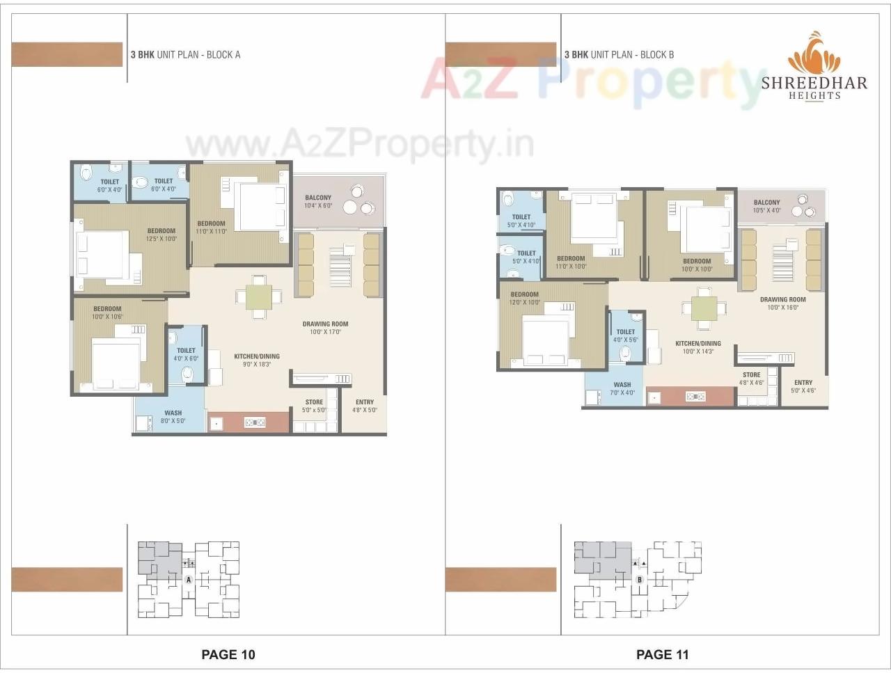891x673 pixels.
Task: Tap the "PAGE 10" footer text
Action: point(228,654)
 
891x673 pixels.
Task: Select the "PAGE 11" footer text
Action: point(662,654)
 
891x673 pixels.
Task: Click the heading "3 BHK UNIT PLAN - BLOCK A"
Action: point(186,54)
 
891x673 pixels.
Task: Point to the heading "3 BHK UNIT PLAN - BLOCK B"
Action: point(619,54)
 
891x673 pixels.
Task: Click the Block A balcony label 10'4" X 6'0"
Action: point(318,205)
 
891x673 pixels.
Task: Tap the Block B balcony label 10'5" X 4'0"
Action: point(766,210)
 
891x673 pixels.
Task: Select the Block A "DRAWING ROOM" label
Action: point(325,324)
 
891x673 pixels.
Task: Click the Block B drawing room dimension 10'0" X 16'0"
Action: point(782,308)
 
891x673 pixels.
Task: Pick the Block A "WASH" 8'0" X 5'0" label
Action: point(173,417)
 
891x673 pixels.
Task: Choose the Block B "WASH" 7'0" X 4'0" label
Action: point(622,388)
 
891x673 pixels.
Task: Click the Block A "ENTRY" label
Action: point(365,402)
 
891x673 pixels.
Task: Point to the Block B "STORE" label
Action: point(752,374)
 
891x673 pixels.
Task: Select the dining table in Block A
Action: point(258,296)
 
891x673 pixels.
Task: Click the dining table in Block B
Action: point(704,308)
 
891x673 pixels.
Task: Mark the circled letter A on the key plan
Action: point(188,579)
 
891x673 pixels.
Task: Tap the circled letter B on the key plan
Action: point(640,579)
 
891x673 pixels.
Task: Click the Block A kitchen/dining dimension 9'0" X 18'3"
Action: point(257,364)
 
